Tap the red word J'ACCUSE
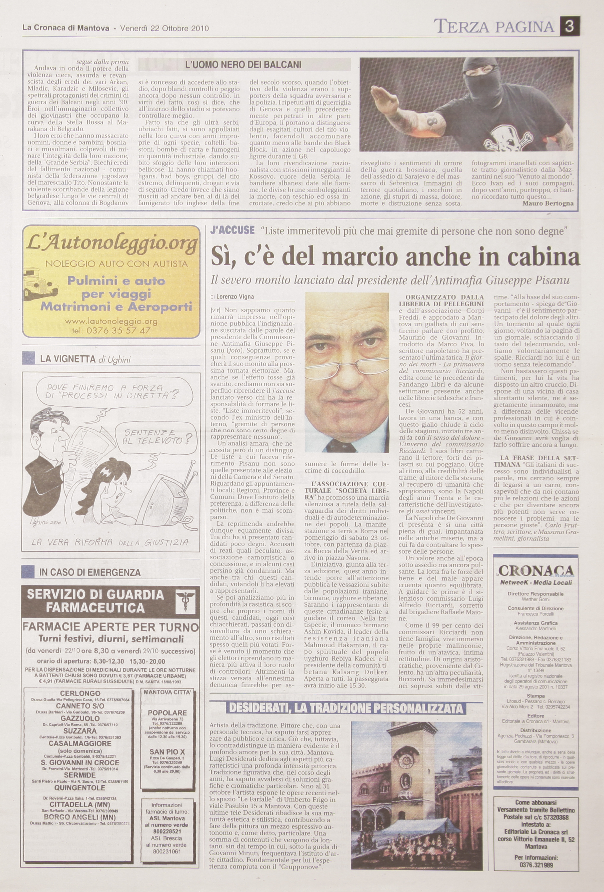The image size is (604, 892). coord(232,230)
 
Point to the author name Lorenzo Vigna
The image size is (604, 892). coord(235,297)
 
